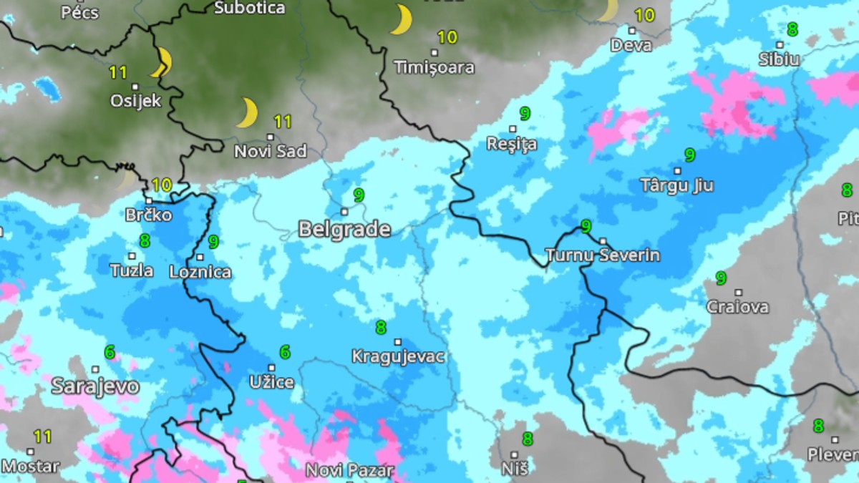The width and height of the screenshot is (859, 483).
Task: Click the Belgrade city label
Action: (x=344, y=230)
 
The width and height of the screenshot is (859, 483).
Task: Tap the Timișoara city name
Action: (x=434, y=68)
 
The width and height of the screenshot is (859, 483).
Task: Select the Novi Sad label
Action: (x=271, y=152)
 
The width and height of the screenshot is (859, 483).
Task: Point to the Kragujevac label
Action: (x=399, y=356)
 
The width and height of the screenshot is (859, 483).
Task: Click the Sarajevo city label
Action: (x=94, y=386)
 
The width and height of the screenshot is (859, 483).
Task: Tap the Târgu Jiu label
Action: (x=676, y=186)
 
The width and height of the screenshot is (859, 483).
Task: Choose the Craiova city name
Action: (x=737, y=308)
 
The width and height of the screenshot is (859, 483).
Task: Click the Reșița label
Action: (x=512, y=145)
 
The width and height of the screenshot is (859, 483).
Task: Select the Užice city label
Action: (x=271, y=382)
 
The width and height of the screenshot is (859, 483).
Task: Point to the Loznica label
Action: (x=200, y=272)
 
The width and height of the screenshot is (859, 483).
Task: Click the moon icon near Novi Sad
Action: (x=247, y=113)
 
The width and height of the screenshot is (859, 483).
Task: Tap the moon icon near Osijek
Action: (x=162, y=62)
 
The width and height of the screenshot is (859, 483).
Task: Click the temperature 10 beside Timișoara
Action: (x=447, y=37)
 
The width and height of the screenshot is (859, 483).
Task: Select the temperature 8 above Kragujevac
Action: (x=381, y=328)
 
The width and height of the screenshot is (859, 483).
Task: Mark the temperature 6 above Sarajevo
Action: (x=110, y=352)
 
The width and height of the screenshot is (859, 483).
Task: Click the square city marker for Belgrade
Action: (x=344, y=211)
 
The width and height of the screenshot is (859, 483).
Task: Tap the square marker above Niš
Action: (x=514, y=454)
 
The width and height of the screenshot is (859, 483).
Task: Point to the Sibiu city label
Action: (x=779, y=59)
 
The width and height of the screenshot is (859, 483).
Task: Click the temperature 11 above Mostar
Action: (x=43, y=436)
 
